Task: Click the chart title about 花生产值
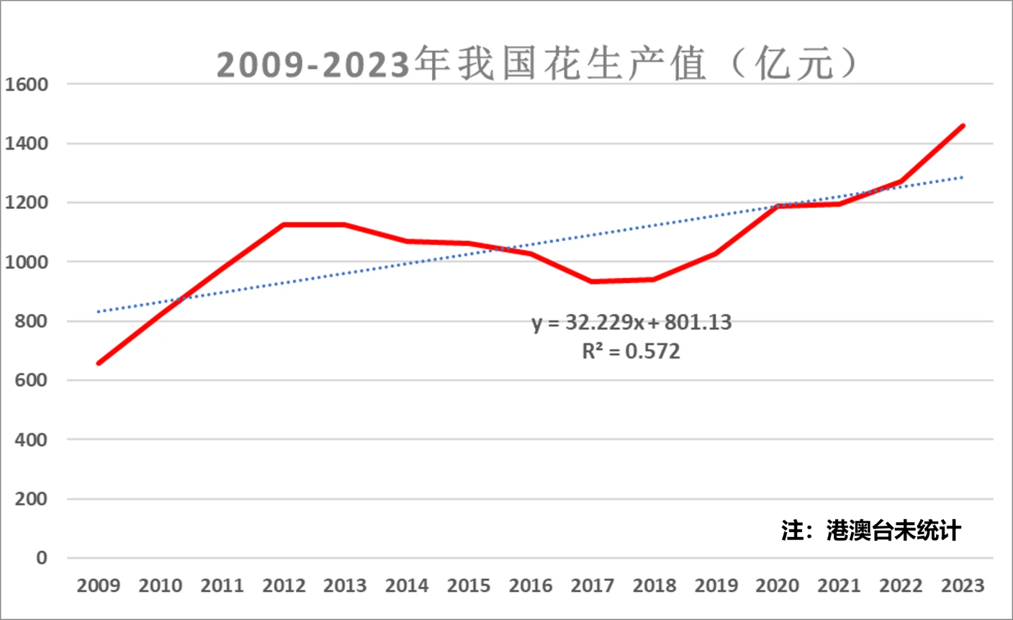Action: coord(536,64)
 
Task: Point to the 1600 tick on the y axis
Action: coord(26,84)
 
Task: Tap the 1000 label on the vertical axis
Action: coord(26,262)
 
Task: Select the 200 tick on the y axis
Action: coord(31,499)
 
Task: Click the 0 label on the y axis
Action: coord(41,557)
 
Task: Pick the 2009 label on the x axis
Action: coord(98,586)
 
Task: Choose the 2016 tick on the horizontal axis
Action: coord(531,586)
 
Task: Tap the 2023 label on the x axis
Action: coord(962,586)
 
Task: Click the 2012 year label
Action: coord(284,586)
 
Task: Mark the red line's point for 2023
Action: coord(963,126)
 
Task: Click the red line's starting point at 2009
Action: coord(99,363)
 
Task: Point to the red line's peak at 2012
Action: coord(284,224)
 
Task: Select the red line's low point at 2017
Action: coord(592,281)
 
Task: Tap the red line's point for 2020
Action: coord(778,206)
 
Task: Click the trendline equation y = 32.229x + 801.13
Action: coord(632,322)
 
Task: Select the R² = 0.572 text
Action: coord(631,351)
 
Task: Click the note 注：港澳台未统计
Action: coord(871,530)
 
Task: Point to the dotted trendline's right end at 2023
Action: coord(962,178)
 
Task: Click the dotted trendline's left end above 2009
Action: coord(99,312)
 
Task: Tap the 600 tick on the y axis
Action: coord(31,380)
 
